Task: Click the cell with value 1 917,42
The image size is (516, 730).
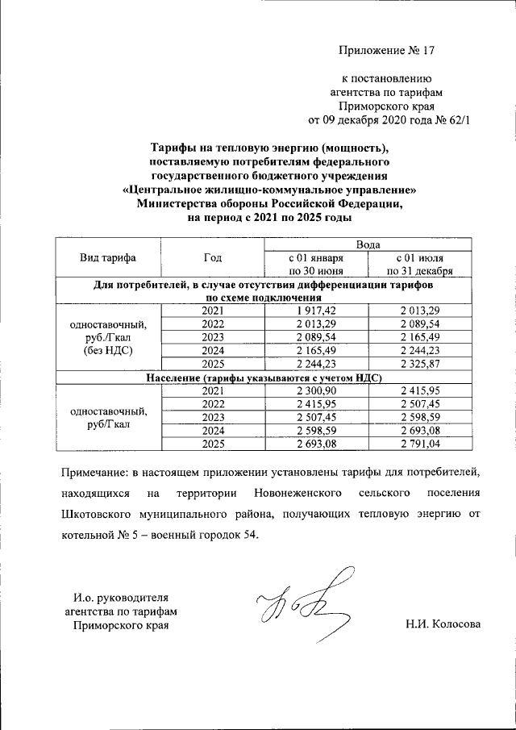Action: (315, 311)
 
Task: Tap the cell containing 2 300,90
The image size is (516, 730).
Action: (315, 391)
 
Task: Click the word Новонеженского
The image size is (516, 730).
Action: (294, 492)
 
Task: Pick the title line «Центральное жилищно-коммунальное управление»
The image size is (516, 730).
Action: (263, 190)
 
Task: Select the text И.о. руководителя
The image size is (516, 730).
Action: (120, 598)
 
